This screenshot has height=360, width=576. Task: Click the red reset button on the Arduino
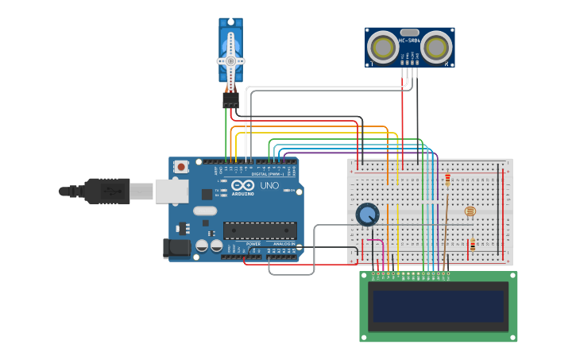click(181, 167)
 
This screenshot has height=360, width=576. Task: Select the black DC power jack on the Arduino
click(177, 248)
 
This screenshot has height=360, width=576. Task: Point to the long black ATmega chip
click(260, 230)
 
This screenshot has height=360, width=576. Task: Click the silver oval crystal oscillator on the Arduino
click(204, 211)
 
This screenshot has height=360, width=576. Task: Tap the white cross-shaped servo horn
click(231, 62)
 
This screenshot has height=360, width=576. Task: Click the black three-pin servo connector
click(230, 100)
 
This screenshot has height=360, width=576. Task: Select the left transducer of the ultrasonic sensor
click(383, 48)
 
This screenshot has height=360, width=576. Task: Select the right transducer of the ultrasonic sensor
click(436, 48)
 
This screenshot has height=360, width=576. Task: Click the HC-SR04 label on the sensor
click(410, 41)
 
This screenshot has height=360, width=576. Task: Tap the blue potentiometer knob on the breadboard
click(367, 215)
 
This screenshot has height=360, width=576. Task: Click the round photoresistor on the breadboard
click(470, 211)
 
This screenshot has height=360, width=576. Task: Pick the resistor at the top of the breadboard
click(447, 180)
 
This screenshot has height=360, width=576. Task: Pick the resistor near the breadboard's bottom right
click(473, 246)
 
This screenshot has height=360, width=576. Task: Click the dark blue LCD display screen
click(439, 306)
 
